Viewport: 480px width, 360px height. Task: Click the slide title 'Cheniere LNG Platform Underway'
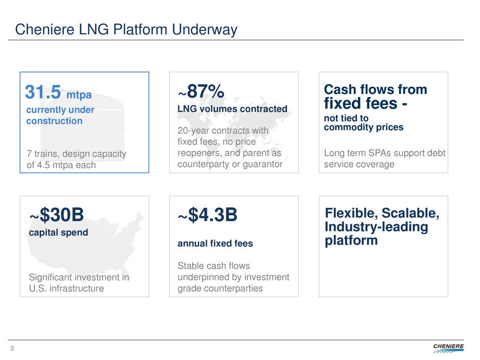pyautogui.click(x=126, y=30)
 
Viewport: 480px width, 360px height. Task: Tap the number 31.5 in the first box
pyautogui.click(x=43, y=92)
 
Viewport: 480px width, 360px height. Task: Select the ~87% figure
pyautogui.click(x=201, y=91)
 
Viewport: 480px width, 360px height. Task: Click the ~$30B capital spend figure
pyautogui.click(x=56, y=214)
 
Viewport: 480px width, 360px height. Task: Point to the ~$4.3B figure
pyautogui.click(x=207, y=214)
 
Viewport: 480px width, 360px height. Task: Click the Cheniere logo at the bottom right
pyautogui.click(x=448, y=348)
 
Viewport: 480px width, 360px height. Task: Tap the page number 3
pyautogui.click(x=12, y=348)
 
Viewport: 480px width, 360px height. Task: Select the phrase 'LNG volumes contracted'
pyautogui.click(x=232, y=109)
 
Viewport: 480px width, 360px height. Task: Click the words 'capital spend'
pyautogui.click(x=59, y=233)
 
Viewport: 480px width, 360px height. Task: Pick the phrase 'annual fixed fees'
pyautogui.click(x=215, y=244)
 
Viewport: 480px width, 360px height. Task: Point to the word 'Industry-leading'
pyautogui.click(x=376, y=227)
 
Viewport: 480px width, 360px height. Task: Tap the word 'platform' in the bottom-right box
pyautogui.click(x=351, y=241)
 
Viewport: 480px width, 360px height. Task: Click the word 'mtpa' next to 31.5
pyautogui.click(x=79, y=95)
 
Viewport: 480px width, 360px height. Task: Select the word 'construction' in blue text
pyautogui.click(x=54, y=121)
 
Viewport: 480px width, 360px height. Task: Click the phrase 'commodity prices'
pyautogui.click(x=364, y=127)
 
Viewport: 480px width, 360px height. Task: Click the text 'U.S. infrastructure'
pyautogui.click(x=66, y=289)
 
